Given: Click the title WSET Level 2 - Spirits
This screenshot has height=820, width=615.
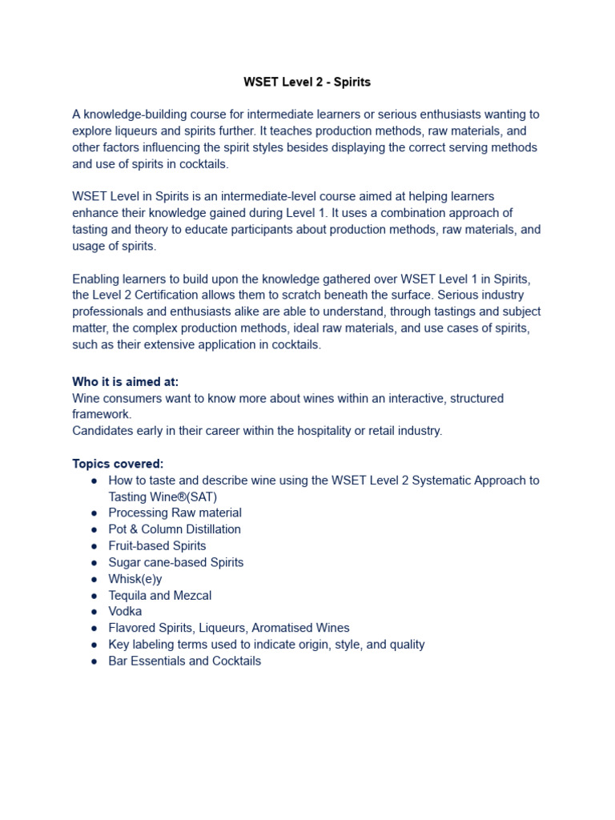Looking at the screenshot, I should coord(307,82).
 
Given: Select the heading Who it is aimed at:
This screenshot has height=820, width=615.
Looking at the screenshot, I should coord(125,382).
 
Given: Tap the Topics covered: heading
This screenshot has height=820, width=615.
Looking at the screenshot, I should coord(118,464).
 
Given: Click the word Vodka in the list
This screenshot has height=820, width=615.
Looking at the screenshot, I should coord(125,611).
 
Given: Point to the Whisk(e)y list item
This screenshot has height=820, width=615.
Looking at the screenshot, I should coord(135,579).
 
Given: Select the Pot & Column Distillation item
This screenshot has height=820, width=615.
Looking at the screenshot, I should coord(175,529).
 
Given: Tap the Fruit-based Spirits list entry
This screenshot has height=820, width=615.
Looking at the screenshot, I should coord(157,546).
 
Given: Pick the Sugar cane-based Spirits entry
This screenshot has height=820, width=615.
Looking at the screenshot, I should coord(176,562).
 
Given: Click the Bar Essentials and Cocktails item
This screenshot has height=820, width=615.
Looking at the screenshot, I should coord(184,661).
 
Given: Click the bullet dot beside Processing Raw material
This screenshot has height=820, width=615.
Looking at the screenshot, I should coord(94,513).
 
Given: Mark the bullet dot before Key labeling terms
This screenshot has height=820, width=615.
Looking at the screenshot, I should coord(94,645).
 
